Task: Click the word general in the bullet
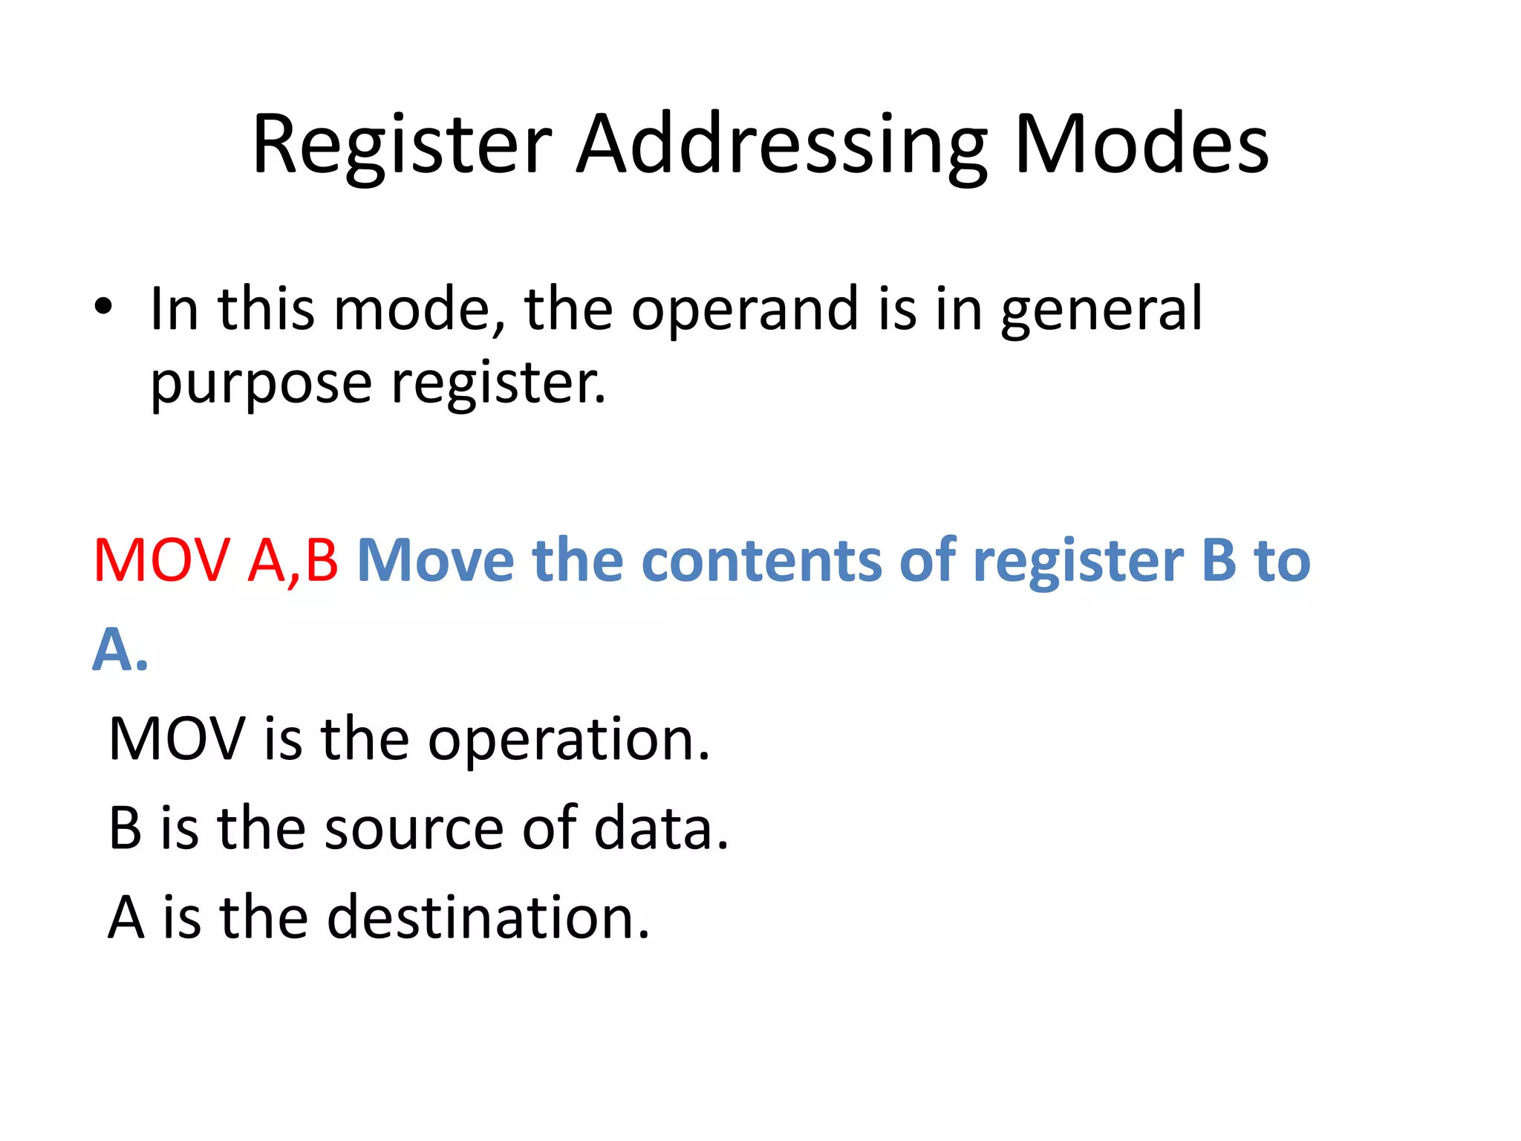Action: (1101, 310)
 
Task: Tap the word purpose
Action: (261, 385)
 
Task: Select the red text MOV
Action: (162, 560)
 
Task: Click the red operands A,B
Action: (293, 560)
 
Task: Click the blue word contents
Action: (761, 560)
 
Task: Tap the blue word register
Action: (1078, 562)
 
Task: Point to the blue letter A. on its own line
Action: (120, 649)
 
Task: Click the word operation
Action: (569, 740)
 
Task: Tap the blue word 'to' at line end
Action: (1283, 560)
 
